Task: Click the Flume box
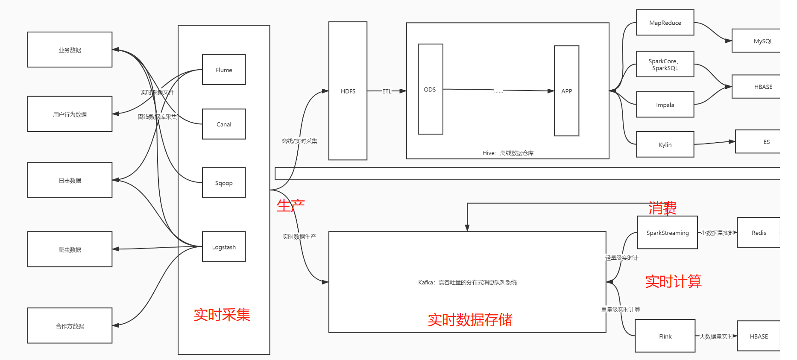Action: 224,70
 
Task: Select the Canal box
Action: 224,124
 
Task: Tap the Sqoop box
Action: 224,183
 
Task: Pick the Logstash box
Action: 224,247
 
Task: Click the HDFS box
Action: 348,91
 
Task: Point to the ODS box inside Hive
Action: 430,89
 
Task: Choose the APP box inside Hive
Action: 566,91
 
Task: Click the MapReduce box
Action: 665,23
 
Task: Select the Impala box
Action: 665,105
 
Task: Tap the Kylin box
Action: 665,145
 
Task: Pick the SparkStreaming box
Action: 667,233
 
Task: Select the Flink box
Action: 665,336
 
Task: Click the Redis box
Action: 759,233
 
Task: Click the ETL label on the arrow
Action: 387,91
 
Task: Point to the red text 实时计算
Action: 673,281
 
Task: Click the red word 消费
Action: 662,208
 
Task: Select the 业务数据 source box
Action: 70,50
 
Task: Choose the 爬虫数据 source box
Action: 70,249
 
